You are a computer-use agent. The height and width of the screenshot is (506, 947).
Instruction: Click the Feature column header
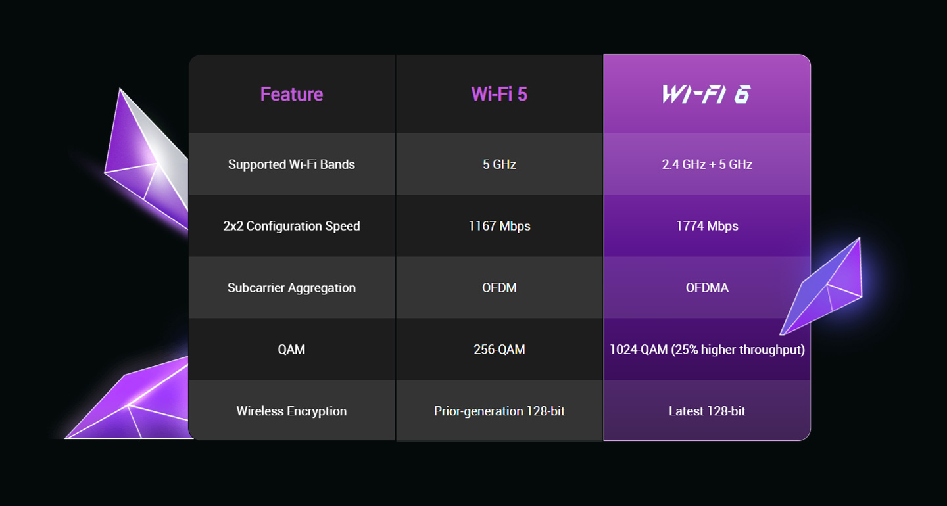pos(291,94)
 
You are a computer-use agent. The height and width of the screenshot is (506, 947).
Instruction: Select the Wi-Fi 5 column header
pos(499,94)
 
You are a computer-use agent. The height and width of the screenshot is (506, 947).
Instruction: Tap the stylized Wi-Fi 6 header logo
pos(706,94)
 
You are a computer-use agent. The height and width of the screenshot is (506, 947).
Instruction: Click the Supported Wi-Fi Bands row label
pos(291,164)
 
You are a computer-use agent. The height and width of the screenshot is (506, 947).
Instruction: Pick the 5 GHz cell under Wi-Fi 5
pos(499,164)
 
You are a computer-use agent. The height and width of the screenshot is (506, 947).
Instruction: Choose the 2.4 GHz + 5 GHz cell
pos(707,164)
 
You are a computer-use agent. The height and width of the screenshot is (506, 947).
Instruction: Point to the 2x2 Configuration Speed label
pos(291,226)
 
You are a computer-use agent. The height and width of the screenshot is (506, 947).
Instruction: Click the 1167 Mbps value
pos(499,226)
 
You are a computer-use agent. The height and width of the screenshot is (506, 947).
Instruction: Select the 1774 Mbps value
pos(707,226)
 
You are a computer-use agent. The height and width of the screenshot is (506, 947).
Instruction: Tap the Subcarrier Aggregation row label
pos(291,288)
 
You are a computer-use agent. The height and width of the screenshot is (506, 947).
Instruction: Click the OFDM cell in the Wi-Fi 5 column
pos(499,288)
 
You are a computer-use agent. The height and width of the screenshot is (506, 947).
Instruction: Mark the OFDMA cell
pos(707,288)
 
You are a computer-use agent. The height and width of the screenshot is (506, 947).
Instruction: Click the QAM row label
pos(291,350)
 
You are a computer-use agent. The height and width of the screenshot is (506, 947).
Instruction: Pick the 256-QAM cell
pos(499,350)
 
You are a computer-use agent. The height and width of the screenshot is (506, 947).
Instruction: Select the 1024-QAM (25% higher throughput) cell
pos(707,350)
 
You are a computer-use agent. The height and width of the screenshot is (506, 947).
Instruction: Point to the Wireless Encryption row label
pos(291,411)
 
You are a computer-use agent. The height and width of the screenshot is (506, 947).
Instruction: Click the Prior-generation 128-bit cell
pos(499,411)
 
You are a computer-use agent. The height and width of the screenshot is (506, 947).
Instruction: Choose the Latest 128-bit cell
pos(707,411)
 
